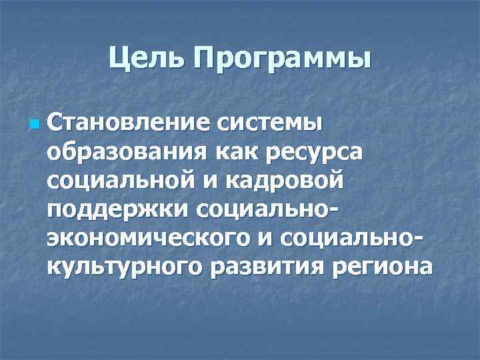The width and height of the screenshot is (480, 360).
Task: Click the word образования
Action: tap(127, 153)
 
